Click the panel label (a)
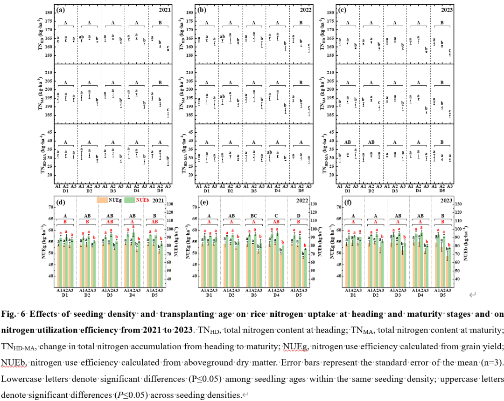pos(60,9)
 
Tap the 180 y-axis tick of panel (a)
pos(49,12)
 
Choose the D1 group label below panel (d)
pos(66,295)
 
